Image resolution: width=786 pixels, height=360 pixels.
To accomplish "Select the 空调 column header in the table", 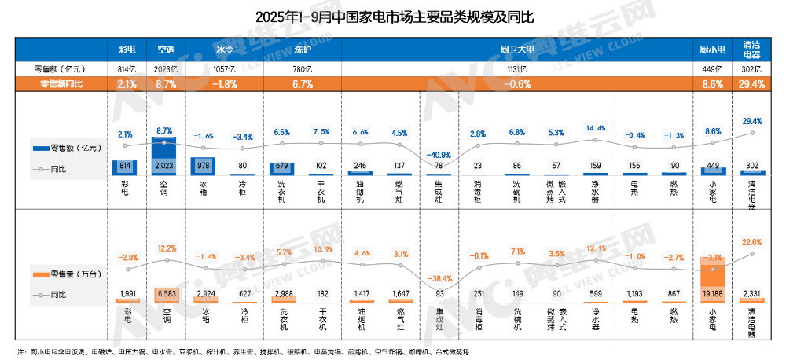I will coord(166,50).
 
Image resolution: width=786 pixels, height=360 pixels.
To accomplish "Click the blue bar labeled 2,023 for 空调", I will coord(165,157).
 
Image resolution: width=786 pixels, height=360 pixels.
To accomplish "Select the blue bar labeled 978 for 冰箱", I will coord(204,166).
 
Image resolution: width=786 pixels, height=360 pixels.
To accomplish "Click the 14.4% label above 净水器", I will coord(595,128).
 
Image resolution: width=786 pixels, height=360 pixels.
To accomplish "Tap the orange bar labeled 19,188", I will coord(713,280).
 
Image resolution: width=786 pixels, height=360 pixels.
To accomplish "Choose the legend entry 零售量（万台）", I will coord(61,275).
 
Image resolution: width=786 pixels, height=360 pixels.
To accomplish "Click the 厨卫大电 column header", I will coord(517,50).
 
